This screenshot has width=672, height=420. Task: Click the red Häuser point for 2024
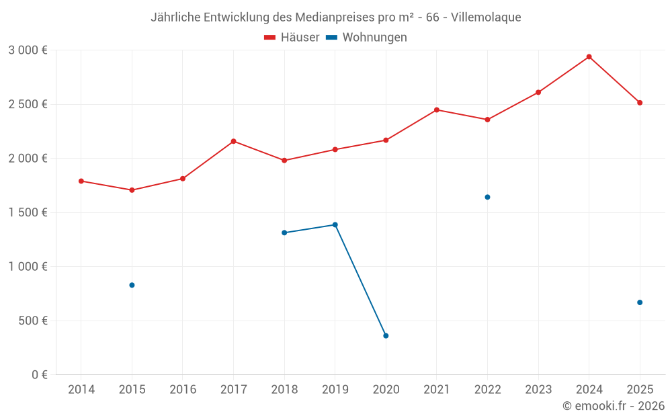[589, 56]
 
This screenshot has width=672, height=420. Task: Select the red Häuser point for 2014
[81, 181]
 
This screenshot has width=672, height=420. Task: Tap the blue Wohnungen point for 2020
[386, 335]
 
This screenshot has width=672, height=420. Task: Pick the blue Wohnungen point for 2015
[132, 285]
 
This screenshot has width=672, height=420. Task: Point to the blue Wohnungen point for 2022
[487, 197]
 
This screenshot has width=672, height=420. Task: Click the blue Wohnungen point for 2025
[640, 302]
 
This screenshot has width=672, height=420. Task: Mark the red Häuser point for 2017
[233, 141]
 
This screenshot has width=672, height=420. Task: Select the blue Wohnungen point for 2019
[335, 224]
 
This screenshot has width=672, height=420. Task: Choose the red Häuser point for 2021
[437, 110]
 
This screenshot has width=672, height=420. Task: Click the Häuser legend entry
[292, 38]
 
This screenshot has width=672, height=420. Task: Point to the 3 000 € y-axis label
[28, 50]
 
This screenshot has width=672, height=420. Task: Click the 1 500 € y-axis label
[28, 212]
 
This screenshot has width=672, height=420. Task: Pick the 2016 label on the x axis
[183, 390]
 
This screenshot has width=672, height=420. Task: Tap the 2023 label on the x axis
[538, 390]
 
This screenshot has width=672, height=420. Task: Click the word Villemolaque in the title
[486, 17]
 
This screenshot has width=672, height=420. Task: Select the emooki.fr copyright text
[613, 406]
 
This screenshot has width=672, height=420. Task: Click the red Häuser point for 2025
[640, 103]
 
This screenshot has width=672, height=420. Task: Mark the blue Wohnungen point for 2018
[284, 233]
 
